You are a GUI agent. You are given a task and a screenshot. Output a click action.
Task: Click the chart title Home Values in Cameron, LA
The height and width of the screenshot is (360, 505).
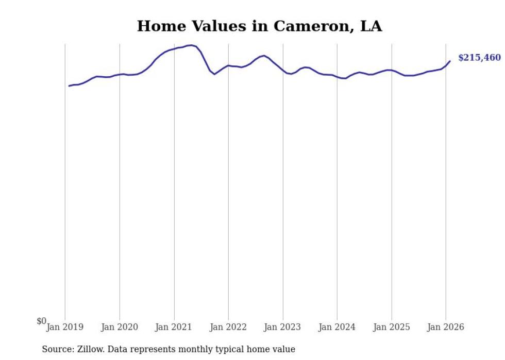tap(259, 26)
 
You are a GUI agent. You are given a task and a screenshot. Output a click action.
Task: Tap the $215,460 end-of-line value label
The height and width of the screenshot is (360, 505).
tap(479, 58)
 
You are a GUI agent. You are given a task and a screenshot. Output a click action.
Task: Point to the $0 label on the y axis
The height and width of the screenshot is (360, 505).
tap(41, 321)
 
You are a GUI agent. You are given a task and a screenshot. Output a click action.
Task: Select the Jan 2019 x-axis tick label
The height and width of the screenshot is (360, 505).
tap(65, 327)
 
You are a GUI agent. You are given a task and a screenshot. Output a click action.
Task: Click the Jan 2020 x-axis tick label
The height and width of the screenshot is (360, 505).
tap(120, 327)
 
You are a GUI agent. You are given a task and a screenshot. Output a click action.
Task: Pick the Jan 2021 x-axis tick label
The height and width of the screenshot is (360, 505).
tap(174, 327)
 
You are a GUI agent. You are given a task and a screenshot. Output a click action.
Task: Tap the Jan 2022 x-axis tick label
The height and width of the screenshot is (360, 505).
tap(228, 327)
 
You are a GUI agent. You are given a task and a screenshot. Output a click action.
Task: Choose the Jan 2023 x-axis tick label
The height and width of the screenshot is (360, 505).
tap(282, 327)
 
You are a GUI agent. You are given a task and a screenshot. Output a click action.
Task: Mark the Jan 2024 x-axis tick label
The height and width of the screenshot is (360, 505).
tap(337, 327)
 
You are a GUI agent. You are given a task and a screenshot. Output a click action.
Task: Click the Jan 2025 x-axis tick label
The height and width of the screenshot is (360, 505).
tap(391, 327)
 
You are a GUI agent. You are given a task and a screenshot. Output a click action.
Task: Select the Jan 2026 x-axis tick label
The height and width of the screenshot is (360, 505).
tap(446, 327)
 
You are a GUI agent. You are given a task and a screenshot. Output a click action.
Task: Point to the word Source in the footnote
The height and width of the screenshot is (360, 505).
tap(57, 349)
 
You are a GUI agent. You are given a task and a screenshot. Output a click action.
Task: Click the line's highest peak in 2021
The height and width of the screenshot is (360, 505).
tap(191, 45)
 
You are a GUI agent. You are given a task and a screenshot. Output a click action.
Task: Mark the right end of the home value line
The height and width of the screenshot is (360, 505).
tap(450, 61)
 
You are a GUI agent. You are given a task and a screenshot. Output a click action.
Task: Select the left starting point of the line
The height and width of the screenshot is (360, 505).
tap(69, 85)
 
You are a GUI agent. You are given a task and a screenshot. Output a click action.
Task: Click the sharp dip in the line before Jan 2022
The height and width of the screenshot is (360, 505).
tap(215, 74)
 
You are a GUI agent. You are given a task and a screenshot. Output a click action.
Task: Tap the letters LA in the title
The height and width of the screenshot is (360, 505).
tap(371, 26)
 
